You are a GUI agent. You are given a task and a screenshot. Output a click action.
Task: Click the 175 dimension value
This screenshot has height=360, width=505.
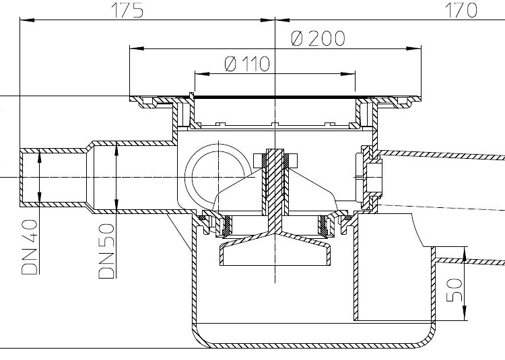point(127,10)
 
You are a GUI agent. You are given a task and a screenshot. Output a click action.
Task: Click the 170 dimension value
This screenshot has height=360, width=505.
point(461,10)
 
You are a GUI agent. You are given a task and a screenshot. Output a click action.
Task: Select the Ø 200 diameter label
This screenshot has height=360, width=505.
point(318,38)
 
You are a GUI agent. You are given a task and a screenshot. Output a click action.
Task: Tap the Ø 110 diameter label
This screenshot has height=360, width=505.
point(247,64)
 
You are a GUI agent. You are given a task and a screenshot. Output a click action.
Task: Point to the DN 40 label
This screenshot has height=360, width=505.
point(30,247)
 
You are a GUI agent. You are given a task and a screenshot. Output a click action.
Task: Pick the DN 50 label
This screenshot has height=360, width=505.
point(106,250)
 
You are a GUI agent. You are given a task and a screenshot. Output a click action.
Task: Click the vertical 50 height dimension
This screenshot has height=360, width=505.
point(454,290)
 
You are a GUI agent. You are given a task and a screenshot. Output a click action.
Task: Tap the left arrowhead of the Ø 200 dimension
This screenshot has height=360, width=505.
point(137,48)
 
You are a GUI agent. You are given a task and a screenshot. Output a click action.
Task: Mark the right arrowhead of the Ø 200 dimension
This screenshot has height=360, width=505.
point(414,48)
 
